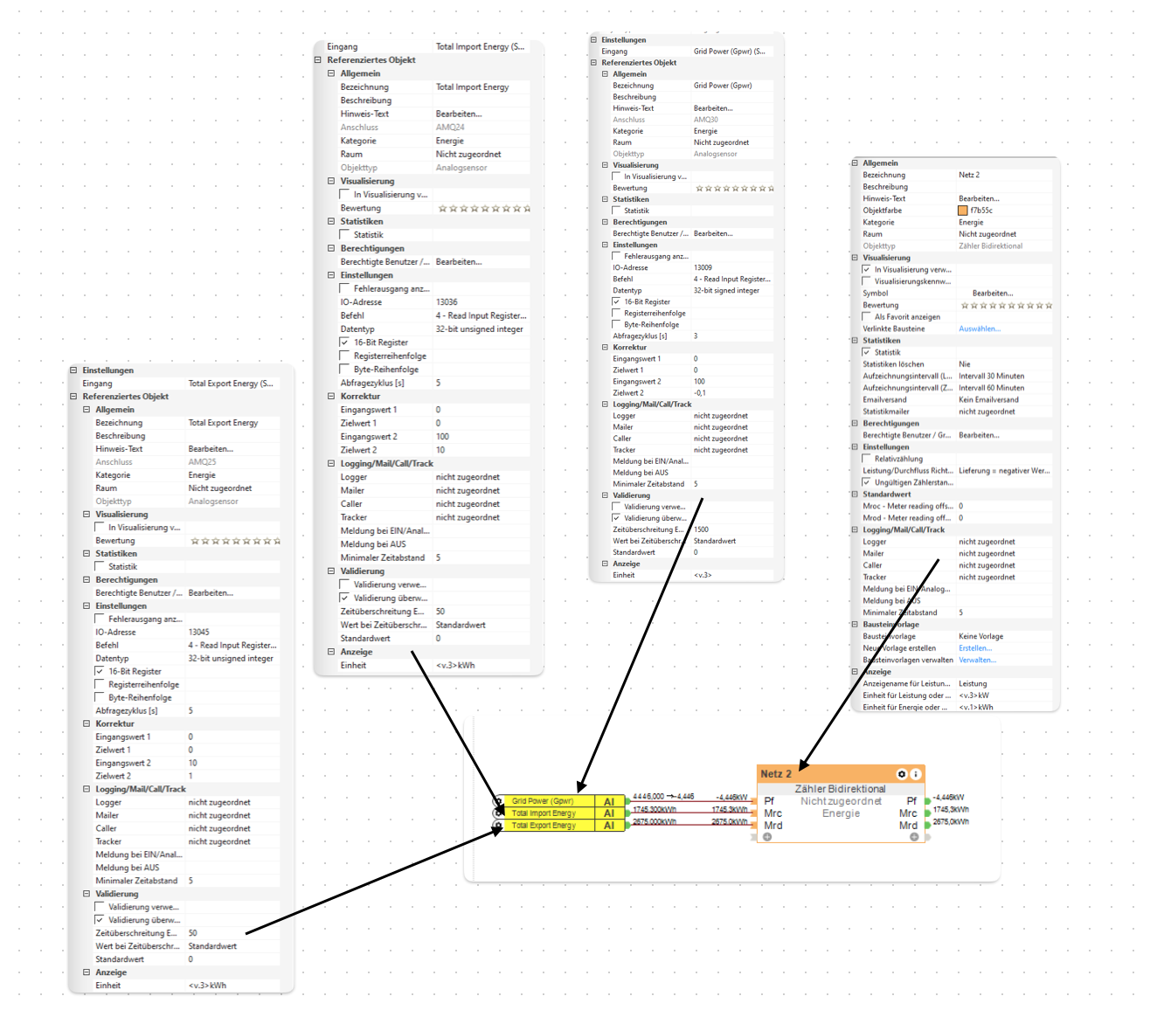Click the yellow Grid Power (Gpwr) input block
pos(543,801)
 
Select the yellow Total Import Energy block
pos(544,813)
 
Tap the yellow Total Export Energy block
pos(544,826)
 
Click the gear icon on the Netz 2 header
pos(902,774)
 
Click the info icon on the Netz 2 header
pos(916,774)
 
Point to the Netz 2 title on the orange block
pos(776,774)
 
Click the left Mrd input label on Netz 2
pos(773,826)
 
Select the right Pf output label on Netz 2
pos(911,801)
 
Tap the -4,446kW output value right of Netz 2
pos(949,798)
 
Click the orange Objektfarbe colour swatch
pos(963,211)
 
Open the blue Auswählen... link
pos(980,329)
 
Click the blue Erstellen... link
pos(975,648)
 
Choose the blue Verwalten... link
pos(977,660)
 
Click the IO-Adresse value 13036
pos(447,302)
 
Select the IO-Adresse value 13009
pos(703,268)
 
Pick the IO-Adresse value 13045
pos(198,632)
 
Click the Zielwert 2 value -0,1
pos(700,393)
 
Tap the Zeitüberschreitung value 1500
pos(701,529)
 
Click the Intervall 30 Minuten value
pos(991,376)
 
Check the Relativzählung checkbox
pos(867,459)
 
